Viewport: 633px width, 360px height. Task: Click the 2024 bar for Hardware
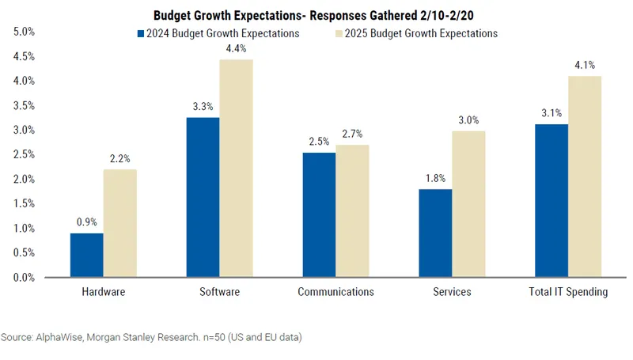tap(86, 255)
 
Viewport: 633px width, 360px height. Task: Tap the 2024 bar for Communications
tap(319, 214)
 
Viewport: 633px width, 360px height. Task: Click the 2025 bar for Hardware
tap(119, 223)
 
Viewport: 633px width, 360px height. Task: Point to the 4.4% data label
tap(237, 49)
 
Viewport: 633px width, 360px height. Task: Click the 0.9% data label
tap(86, 222)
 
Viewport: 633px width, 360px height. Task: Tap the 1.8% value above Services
tap(435, 179)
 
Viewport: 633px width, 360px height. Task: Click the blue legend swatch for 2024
tap(141, 34)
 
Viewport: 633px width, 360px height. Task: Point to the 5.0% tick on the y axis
tap(25, 32)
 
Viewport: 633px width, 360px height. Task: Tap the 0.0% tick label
tap(25, 278)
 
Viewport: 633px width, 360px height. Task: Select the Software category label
tap(219, 292)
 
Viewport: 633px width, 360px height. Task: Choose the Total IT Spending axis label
tap(568, 292)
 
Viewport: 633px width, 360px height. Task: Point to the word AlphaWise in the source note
tap(59, 337)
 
